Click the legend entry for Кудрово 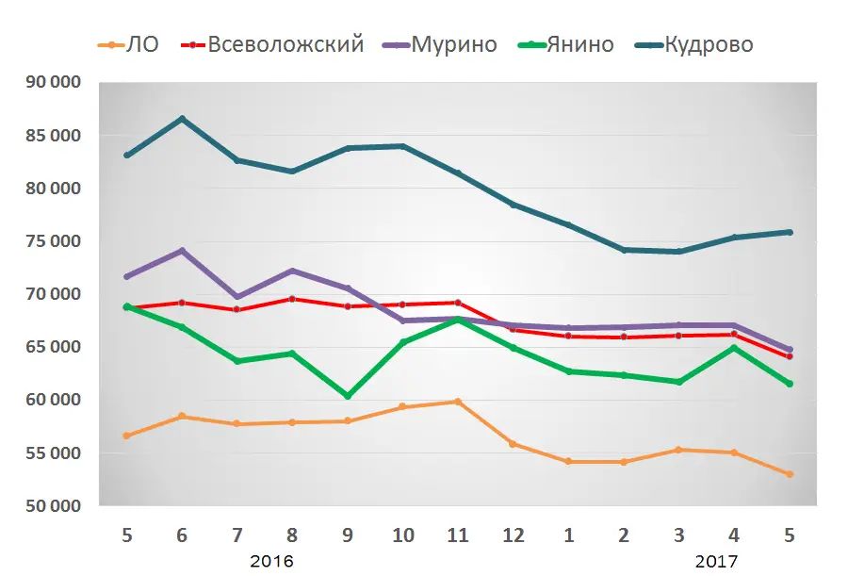coord(708,44)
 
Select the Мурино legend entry coord(454,44)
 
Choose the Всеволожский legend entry coord(285,44)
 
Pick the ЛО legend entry coord(142,44)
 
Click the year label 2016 coord(271,561)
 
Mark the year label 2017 coord(717,561)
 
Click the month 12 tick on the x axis coord(514,535)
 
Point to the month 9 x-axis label coord(348,535)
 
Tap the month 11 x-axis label coord(458,535)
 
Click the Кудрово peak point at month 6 coord(182,119)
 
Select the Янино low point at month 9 coord(348,396)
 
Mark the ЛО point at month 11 coord(458,402)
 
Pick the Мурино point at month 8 coord(292,272)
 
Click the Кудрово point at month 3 coord(678,252)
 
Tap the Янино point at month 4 coord(734,348)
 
